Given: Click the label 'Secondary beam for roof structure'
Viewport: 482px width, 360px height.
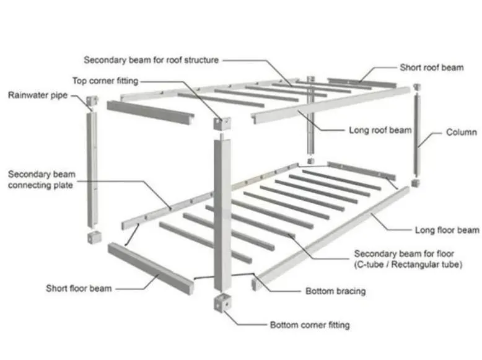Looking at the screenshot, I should [151, 60].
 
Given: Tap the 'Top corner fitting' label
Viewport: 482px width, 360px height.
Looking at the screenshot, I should [105, 81].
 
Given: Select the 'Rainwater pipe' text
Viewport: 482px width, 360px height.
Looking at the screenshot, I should [38, 95].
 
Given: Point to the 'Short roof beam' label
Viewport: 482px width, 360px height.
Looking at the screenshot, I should [431, 67].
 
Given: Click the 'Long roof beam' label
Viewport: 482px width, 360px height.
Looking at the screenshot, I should [380, 130].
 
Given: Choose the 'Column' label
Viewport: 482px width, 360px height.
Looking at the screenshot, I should [462, 132].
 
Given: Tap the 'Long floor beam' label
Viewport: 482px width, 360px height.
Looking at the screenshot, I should [447, 230].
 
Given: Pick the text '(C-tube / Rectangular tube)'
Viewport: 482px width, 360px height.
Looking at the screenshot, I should [408, 265].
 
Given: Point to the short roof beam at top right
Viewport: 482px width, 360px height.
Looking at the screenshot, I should [361, 82].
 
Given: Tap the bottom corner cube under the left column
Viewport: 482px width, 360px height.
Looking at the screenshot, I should [92, 237].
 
